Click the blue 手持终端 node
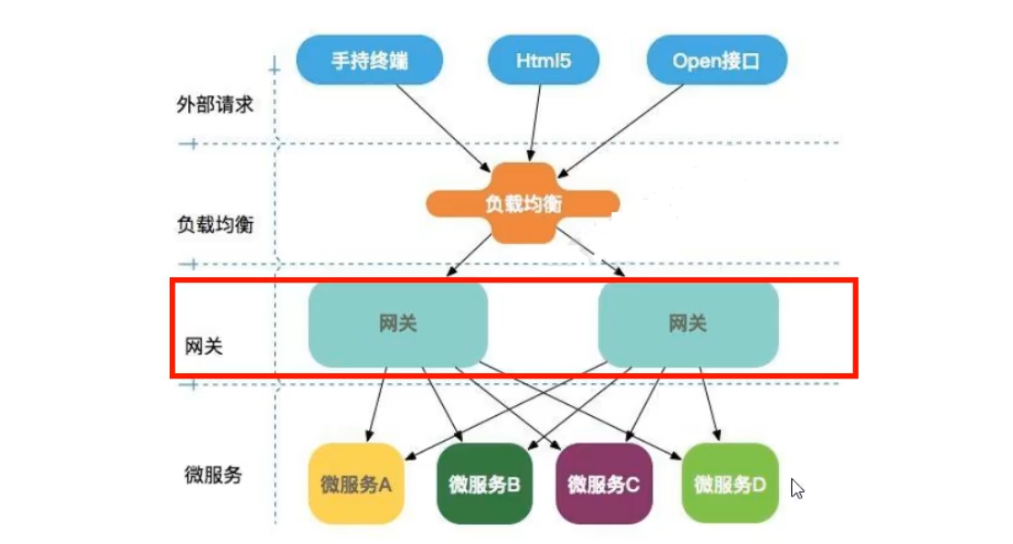pos(369,61)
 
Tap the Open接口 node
pos(716,61)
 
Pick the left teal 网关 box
pos(397,324)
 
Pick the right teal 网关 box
pos(688,324)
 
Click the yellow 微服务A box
pos(355,484)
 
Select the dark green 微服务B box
pos(483,484)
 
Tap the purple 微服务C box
pos(603,484)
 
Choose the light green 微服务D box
pos(730,484)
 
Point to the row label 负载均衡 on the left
pos(215,224)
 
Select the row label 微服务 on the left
pos(212,475)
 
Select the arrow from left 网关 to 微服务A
pos(375,402)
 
